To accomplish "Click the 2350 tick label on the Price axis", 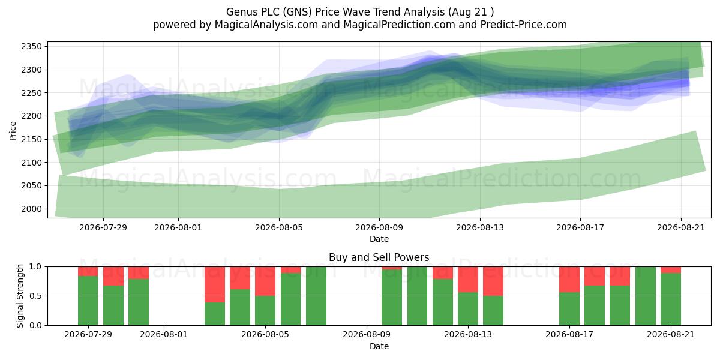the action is [x=31, y=47].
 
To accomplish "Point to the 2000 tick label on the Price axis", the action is [x=31, y=209].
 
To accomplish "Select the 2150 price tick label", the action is [x=31, y=139].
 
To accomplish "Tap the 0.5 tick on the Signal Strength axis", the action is [x=35, y=296].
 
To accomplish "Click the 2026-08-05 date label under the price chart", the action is [x=279, y=227].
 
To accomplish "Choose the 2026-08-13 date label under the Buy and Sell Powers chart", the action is [x=468, y=334].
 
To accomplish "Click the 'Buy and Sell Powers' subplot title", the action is [x=379, y=257].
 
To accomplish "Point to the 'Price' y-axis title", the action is [x=13, y=131].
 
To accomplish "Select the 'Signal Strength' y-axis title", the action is [x=20, y=296].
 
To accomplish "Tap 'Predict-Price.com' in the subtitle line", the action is [x=524, y=25].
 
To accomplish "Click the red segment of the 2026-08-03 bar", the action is [x=215, y=284].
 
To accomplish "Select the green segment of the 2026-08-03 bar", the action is [x=215, y=314].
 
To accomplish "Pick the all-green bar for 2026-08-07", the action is [x=316, y=296].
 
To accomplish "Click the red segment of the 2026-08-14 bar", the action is [x=493, y=281].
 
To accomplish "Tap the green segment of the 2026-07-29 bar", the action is [x=88, y=301].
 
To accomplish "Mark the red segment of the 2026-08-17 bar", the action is [x=569, y=280].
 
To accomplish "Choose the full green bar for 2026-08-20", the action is [x=646, y=296].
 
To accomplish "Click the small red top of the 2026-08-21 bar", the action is [x=671, y=270].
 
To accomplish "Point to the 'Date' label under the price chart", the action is [x=379, y=239].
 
